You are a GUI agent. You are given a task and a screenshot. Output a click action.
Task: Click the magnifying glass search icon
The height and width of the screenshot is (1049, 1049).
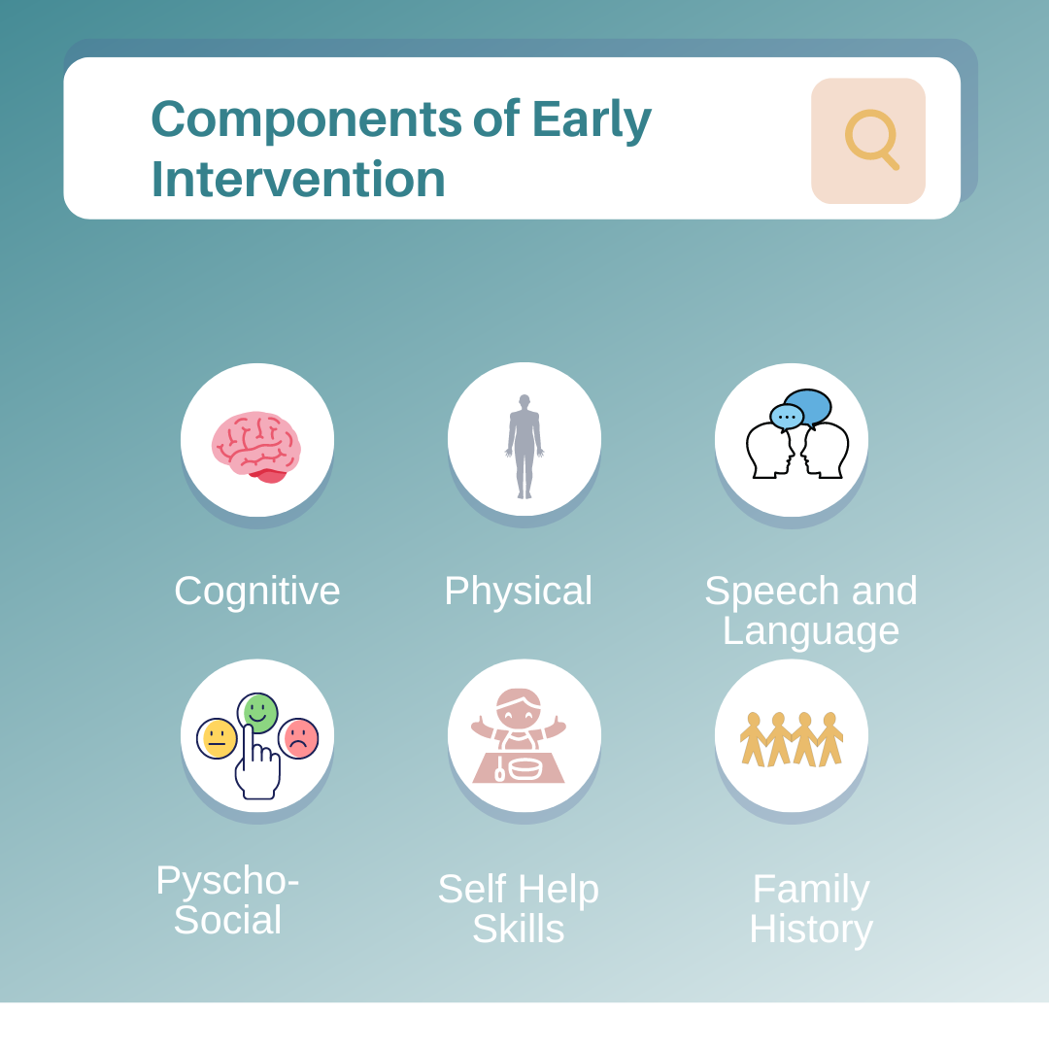tap(869, 139)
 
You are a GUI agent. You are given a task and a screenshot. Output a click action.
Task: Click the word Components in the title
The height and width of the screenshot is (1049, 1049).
tap(306, 119)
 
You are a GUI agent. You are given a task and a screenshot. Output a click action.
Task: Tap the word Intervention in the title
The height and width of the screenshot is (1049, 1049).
tap(298, 180)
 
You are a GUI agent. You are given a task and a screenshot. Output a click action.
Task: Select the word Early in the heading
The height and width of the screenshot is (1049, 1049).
tap(592, 119)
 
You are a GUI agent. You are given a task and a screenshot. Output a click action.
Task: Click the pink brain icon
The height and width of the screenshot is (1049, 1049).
tap(256, 446)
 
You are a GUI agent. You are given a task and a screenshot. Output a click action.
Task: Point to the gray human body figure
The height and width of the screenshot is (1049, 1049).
tap(524, 446)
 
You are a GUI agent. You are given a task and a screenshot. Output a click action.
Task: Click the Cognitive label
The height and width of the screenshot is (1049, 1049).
tap(257, 591)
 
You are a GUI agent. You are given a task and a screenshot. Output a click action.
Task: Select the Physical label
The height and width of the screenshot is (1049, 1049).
tap(518, 591)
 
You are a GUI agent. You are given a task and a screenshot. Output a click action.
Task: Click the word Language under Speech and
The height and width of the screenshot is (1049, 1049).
tap(811, 631)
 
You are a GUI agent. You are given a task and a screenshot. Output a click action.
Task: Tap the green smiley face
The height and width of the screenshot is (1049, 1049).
tap(258, 712)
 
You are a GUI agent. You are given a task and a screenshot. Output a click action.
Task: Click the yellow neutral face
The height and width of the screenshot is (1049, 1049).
tap(217, 738)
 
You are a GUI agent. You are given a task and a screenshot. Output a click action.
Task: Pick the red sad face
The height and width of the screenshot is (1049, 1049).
tap(298, 738)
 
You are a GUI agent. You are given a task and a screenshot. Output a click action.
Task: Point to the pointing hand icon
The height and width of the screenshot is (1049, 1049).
tap(256, 767)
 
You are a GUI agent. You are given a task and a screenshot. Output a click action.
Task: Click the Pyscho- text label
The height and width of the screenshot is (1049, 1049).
tap(227, 880)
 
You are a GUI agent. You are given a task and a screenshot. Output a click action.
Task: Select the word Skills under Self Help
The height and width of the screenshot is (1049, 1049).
tap(518, 930)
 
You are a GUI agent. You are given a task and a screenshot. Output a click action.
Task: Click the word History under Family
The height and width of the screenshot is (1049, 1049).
tap(811, 930)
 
